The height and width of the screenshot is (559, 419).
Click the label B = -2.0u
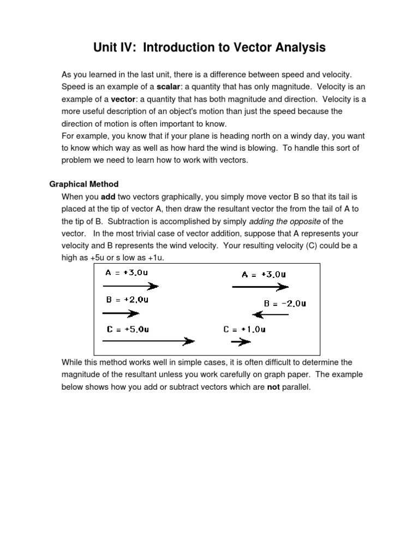click(285, 304)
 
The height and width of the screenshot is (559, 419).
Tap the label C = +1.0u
click(244, 329)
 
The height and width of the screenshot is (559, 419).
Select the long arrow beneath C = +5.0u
click(148, 341)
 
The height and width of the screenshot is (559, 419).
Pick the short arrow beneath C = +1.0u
click(241, 342)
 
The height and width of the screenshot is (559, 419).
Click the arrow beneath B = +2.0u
click(121, 313)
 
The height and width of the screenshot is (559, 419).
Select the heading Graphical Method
click(84, 184)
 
